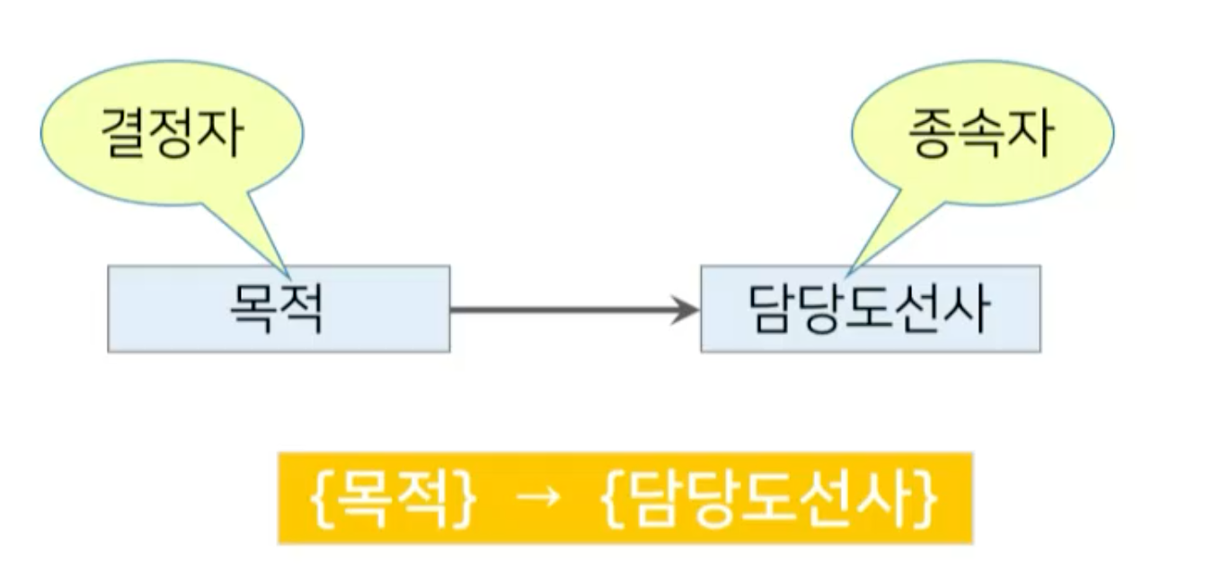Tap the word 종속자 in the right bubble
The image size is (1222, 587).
pyautogui.click(x=981, y=136)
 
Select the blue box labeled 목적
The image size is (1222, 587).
pyautogui.click(x=279, y=309)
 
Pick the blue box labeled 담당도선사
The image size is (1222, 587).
pyautogui.click(x=870, y=309)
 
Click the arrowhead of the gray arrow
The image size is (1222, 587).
pyautogui.click(x=686, y=311)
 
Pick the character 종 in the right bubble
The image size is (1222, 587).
pyautogui.click(x=935, y=136)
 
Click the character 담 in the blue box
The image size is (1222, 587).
pyautogui.click(x=772, y=310)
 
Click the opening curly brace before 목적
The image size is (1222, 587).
pyautogui.click(x=321, y=498)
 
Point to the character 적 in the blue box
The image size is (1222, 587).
pyautogui.click(x=300, y=310)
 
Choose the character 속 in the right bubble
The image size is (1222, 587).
pyautogui.click(x=981, y=136)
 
